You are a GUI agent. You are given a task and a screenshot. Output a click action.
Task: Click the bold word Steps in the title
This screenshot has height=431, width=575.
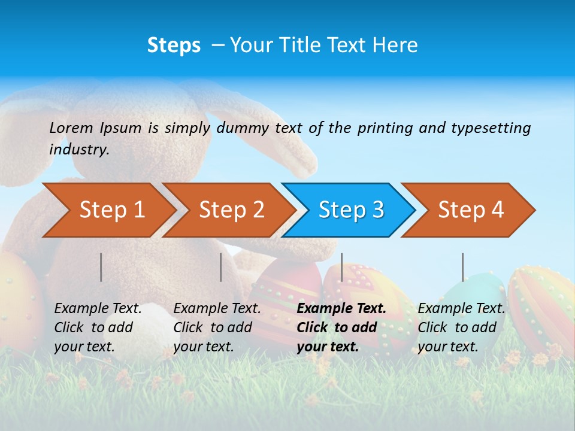click(x=174, y=45)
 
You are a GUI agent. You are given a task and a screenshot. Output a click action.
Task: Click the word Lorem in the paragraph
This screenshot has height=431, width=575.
click(x=71, y=128)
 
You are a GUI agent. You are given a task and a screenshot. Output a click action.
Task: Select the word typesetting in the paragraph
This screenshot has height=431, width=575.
click(x=491, y=128)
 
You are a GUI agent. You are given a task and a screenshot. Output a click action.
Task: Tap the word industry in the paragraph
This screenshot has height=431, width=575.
click(x=79, y=150)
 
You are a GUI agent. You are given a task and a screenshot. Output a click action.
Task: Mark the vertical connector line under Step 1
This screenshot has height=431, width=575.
click(x=101, y=267)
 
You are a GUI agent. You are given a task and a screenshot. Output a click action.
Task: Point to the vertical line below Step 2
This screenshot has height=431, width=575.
click(x=221, y=267)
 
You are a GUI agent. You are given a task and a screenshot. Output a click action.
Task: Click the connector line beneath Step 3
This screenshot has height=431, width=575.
click(x=341, y=267)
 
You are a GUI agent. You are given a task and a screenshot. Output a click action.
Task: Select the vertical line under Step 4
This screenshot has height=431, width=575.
click(x=462, y=267)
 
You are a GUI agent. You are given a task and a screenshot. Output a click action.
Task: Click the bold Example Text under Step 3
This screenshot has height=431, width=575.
click(x=341, y=308)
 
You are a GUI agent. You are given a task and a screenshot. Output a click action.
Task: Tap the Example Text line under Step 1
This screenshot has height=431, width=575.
click(x=98, y=308)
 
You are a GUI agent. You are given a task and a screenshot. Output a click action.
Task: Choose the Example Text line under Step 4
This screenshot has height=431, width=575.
click(x=461, y=308)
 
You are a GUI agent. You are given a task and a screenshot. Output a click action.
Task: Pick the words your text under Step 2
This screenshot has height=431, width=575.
click(x=204, y=347)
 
